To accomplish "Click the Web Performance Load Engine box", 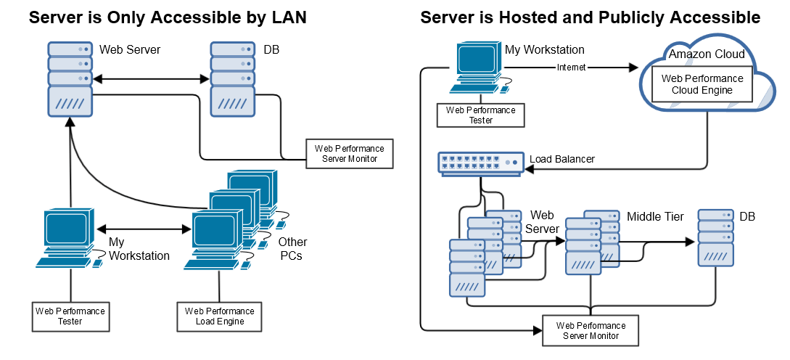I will click(219, 316).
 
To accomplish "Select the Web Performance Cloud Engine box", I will click(702, 84).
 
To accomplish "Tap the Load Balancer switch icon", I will click(480, 163).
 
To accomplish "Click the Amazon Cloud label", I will click(706, 54).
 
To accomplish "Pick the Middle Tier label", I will click(655, 216).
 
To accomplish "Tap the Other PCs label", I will click(292, 249).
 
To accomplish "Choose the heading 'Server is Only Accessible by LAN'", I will click(168, 17).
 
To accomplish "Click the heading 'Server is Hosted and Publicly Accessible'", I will click(590, 17).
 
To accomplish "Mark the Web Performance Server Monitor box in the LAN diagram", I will click(350, 153).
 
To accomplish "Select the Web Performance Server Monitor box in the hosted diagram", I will click(591, 330).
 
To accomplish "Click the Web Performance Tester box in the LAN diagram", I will click(70, 316).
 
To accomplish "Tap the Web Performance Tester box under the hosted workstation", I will click(480, 115).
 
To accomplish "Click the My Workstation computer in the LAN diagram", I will click(67, 238).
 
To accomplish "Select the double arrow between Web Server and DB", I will click(152, 78).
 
